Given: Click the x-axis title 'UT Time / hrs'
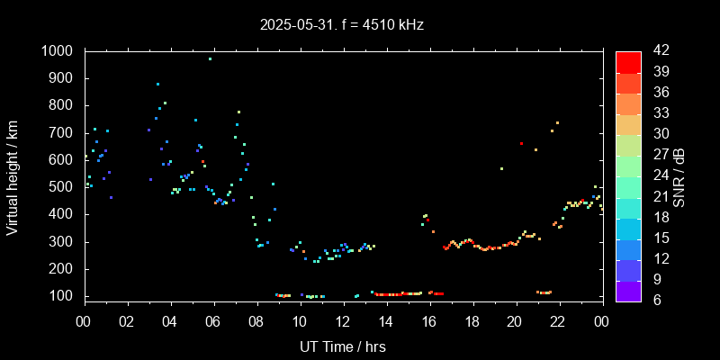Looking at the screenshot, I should (x=342, y=346).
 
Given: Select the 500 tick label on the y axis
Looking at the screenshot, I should (x=64, y=187).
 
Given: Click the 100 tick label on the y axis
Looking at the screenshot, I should (x=64, y=296).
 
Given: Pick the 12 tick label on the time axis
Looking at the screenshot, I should (x=343, y=321).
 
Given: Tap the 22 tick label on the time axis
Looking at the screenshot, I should (x=558, y=321).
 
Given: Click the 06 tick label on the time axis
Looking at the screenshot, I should (x=213, y=321).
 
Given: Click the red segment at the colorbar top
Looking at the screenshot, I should (x=628, y=61).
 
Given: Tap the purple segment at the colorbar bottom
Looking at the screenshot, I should (x=628, y=291).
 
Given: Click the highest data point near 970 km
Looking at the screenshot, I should (x=210, y=59).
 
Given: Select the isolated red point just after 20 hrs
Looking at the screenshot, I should (x=521, y=144).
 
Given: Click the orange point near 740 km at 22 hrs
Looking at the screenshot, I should (x=557, y=122).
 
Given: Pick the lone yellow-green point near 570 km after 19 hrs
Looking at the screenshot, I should (x=501, y=168).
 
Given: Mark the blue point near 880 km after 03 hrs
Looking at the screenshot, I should (x=157, y=84).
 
